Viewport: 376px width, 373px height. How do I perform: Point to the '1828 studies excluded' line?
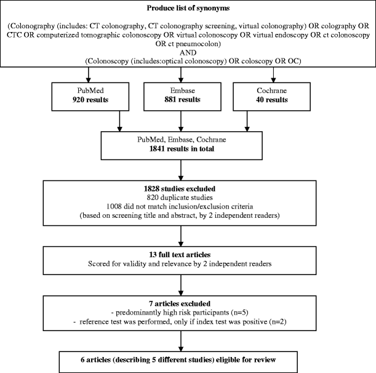pos(180,184)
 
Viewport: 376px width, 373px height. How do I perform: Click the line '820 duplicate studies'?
pos(180,193)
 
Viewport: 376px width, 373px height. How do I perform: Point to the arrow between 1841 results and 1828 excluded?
pos(180,167)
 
